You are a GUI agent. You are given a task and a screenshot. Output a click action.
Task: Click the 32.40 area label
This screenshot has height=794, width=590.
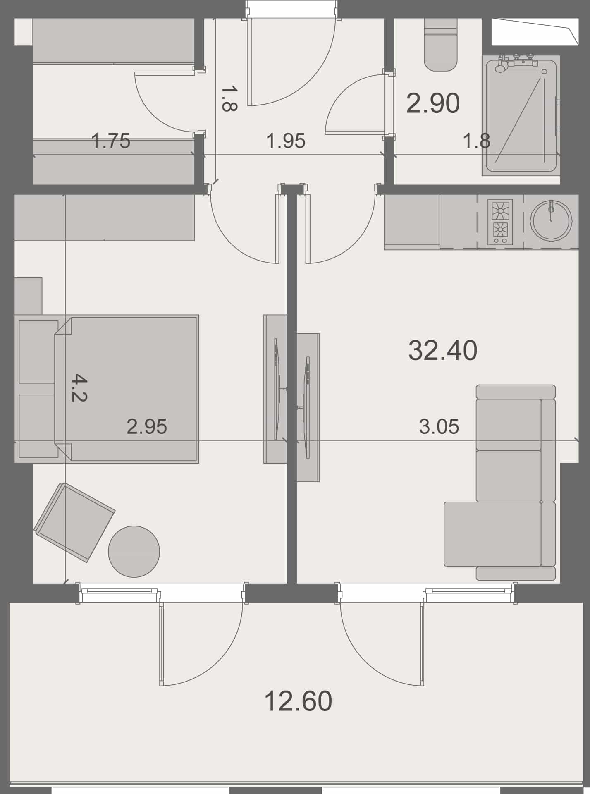pos(443,350)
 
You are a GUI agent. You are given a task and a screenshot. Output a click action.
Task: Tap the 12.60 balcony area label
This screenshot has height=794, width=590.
pos(298,701)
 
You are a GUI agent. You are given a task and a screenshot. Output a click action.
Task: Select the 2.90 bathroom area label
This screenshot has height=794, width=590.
pos(433,103)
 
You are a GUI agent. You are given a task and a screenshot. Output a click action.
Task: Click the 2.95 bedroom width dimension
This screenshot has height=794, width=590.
pos(147,426)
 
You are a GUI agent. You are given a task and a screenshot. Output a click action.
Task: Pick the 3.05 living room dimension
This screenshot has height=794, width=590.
pos(439,426)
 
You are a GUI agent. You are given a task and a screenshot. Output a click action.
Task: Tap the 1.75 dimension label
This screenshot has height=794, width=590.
pos(111,141)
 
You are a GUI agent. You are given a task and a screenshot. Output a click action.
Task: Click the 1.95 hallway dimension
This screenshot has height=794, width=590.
pos(286,141)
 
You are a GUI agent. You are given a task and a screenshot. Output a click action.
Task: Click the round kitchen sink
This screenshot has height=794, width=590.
pos(551,220)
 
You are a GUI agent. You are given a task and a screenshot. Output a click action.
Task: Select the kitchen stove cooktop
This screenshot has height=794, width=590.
pos(500,222)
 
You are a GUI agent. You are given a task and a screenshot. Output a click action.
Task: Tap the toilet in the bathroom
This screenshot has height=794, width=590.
pos(441,45)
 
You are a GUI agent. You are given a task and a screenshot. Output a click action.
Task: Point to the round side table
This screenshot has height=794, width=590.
pos(134,551)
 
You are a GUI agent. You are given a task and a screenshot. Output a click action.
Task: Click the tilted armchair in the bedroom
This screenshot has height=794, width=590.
pos(74,522)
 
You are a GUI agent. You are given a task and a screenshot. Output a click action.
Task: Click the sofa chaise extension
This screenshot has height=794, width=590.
pos(492,534)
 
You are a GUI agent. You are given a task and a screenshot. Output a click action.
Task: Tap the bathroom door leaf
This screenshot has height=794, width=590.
pos(355,133)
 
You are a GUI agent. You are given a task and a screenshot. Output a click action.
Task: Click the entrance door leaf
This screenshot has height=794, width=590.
pos(250,62)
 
